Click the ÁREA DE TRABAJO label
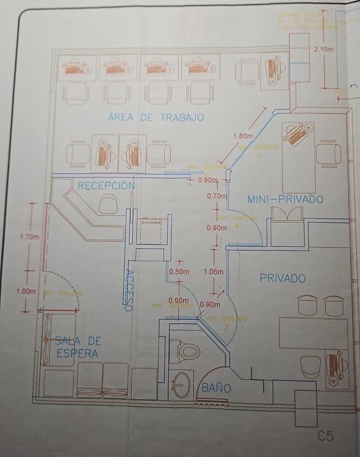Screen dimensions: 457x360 tap(156, 117)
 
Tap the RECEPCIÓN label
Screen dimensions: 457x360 tap(106, 186)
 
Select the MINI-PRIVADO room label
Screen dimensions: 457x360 tap(285, 199)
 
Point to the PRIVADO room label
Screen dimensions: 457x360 tap(282, 278)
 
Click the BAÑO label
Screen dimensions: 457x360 tap(216, 388)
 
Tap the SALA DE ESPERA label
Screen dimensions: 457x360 tap(78, 347)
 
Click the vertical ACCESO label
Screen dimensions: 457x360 tap(129, 290)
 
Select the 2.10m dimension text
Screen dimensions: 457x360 tap(324, 49)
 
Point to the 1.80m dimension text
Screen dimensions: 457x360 tap(243, 136)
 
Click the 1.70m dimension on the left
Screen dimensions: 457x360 tap(29, 237)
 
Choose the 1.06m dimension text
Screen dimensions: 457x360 tap(213, 272)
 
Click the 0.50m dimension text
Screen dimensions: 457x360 tap(179, 272)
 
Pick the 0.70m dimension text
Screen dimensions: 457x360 tap(217, 195)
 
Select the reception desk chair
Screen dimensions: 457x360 tap(108, 204)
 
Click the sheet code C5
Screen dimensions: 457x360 tap(325, 436)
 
